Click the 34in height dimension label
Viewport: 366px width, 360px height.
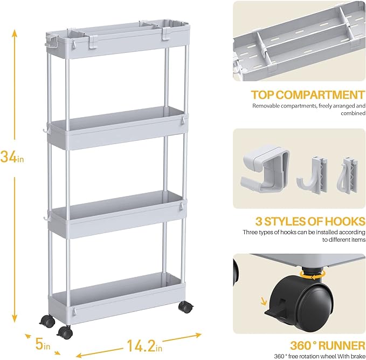pos(12,157)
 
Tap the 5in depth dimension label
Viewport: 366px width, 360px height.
pos(43,344)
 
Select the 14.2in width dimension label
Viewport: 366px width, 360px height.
pos(144,346)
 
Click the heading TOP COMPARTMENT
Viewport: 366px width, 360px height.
pos(308,95)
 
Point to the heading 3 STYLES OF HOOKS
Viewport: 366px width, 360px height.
pos(310,221)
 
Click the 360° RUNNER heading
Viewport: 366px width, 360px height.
pos(328,345)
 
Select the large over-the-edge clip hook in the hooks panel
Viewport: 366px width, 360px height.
pos(265,168)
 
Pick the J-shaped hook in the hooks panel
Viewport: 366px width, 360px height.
pos(313,175)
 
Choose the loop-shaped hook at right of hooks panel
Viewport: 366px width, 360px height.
pos(347,175)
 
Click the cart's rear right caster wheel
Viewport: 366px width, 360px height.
pos(186,307)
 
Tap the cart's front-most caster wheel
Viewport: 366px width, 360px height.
pos(65,332)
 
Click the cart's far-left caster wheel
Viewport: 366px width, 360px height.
pos(47,322)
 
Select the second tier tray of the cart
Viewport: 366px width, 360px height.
pos(117,128)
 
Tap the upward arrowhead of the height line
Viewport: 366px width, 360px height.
pos(15,33)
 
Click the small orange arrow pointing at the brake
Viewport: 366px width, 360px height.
pos(264,301)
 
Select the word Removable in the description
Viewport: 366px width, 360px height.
pos(266,106)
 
